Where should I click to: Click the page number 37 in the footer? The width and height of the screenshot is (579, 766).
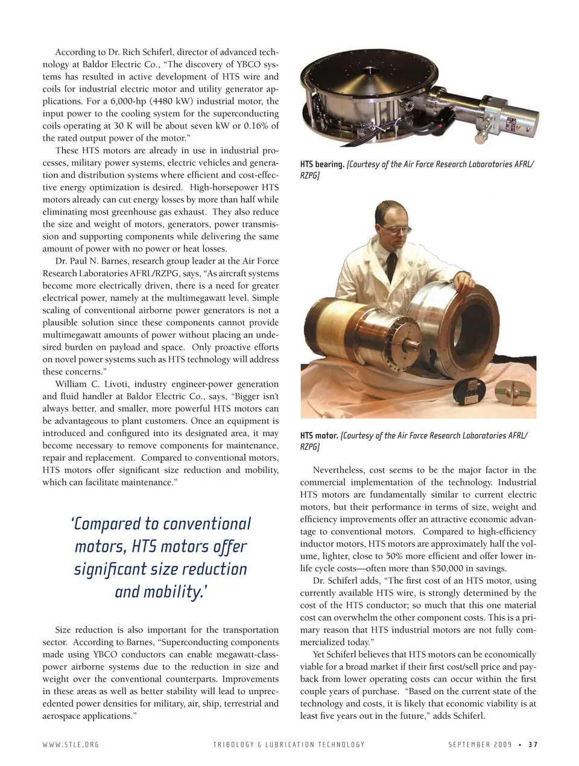[532, 744]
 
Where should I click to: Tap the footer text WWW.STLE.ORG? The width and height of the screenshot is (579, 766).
[71, 744]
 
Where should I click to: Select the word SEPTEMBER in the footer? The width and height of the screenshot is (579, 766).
[470, 744]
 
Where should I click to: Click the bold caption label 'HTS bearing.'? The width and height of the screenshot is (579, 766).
[322, 164]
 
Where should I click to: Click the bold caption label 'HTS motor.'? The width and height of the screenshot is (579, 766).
[319, 435]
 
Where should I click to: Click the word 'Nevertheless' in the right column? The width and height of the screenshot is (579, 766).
[341, 470]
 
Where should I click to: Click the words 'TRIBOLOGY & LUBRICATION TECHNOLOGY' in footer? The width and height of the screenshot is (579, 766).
[289, 744]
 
